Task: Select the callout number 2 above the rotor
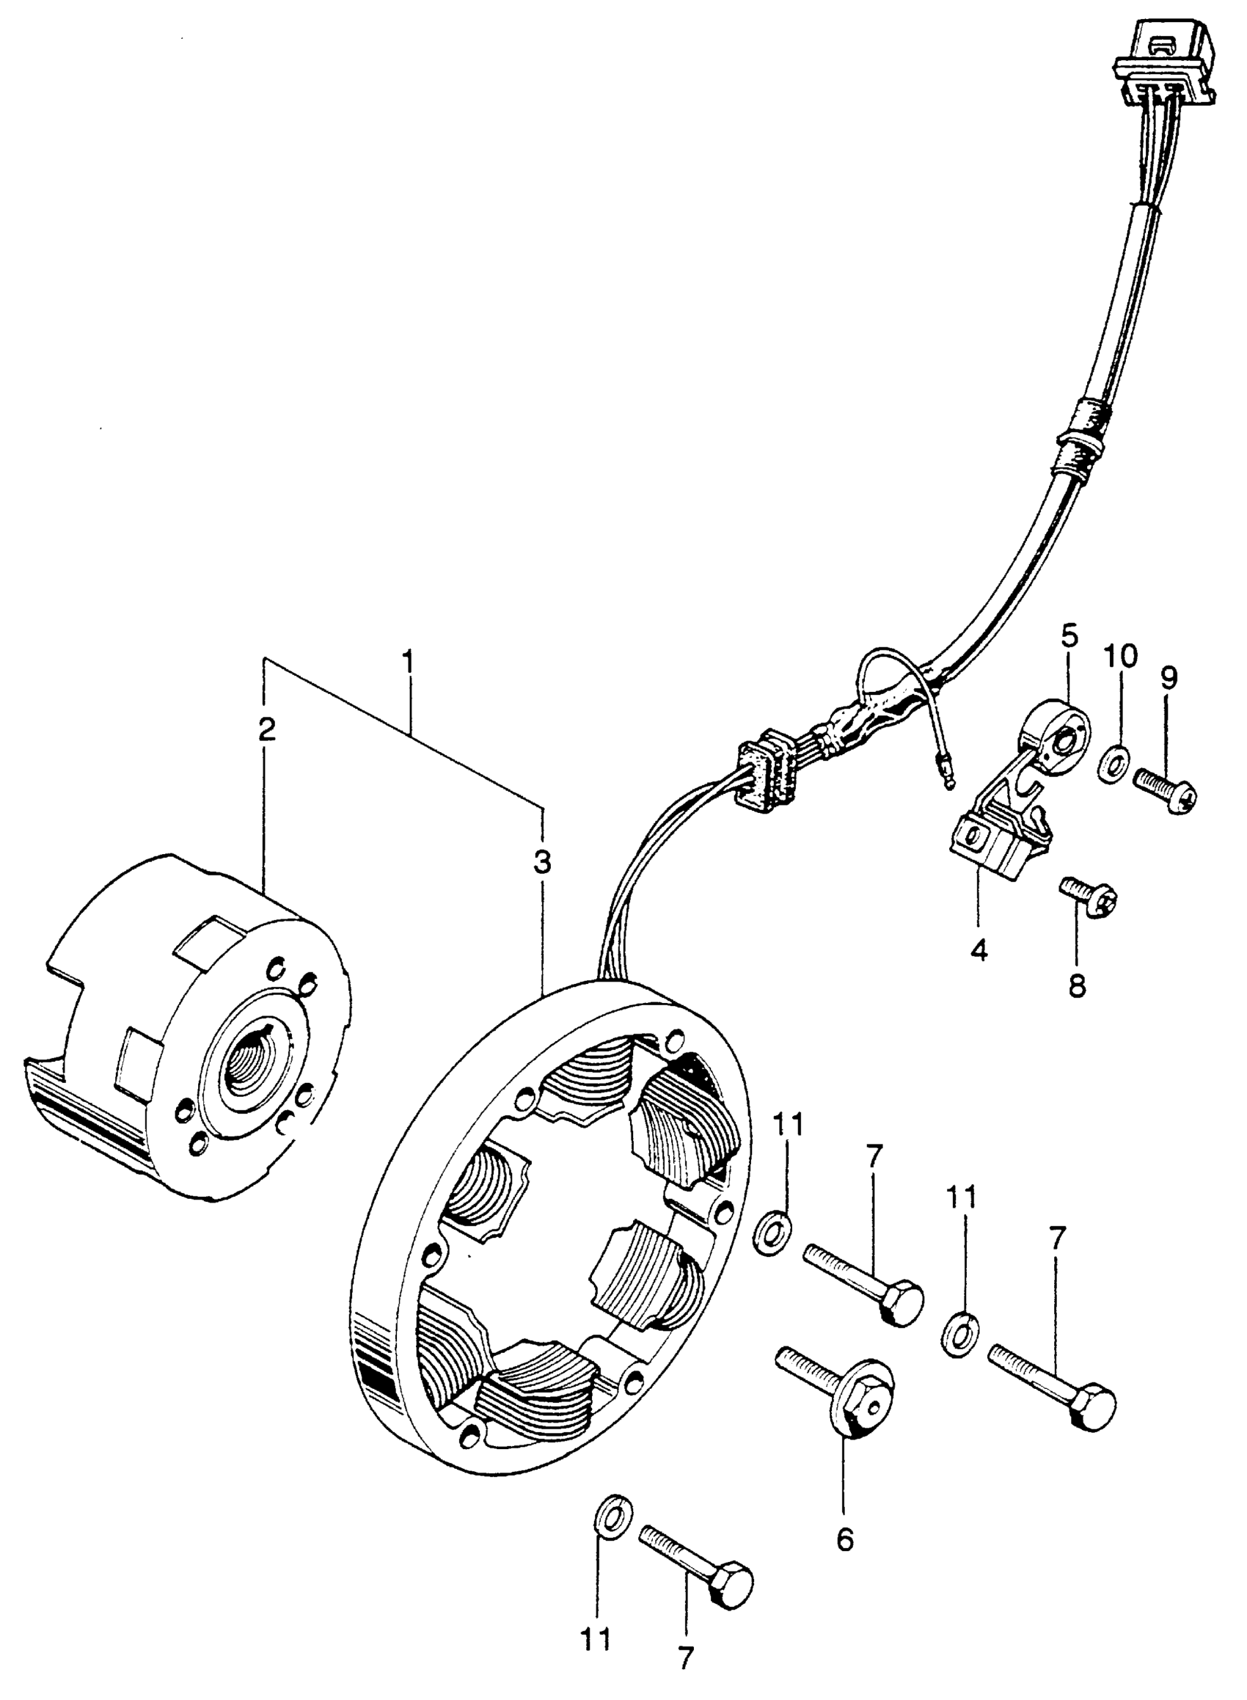pyautogui.click(x=266, y=729)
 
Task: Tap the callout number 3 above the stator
pyautogui.click(x=542, y=862)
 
